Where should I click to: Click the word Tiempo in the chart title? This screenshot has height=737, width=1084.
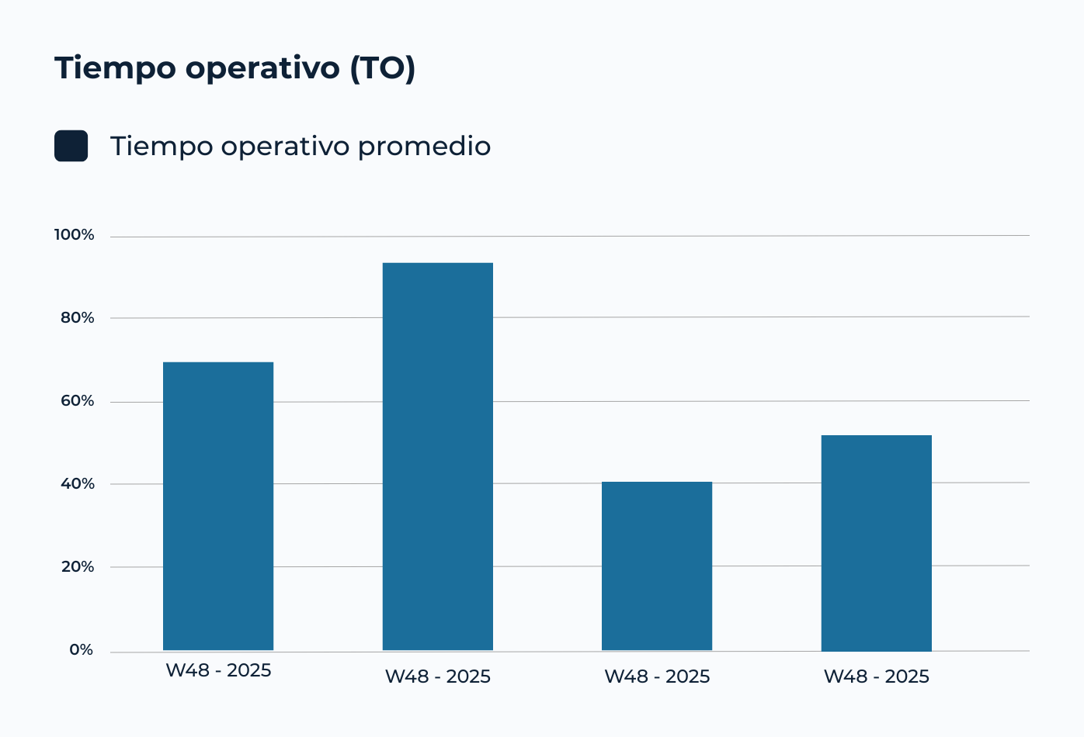(115, 68)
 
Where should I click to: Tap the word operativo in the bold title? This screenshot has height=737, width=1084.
(262, 68)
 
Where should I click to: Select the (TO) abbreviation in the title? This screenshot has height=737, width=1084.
(383, 68)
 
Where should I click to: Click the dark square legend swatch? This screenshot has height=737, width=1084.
(71, 146)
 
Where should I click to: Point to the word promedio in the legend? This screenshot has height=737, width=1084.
(425, 147)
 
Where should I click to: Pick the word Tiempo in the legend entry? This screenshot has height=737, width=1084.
(162, 147)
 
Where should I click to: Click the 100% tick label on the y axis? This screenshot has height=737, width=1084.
(74, 235)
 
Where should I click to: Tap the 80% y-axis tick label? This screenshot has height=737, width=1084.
(78, 318)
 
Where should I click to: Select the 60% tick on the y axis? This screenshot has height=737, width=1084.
(78, 401)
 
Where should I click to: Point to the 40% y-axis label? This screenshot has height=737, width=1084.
(78, 483)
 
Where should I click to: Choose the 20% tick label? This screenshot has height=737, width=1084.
(78, 567)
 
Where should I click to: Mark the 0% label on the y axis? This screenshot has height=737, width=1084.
(82, 649)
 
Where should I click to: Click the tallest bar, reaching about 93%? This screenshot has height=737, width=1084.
(438, 456)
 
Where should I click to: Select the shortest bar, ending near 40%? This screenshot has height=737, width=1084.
(657, 566)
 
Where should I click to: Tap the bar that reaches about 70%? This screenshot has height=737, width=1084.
(218, 506)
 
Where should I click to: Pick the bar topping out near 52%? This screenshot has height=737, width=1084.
(877, 543)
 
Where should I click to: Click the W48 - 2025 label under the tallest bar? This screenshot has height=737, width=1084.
(438, 676)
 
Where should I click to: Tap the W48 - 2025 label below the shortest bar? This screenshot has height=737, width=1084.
(657, 676)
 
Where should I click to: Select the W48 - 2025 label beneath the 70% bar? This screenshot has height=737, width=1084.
(218, 671)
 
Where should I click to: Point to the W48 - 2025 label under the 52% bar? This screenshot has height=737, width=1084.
(877, 676)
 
